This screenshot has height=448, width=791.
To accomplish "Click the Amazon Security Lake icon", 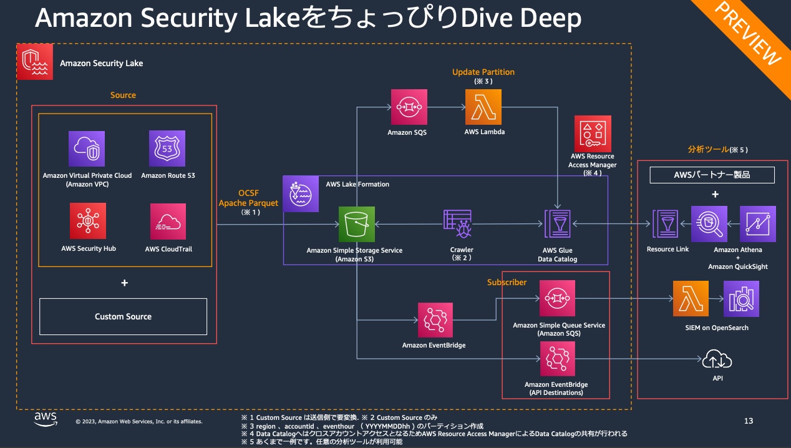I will point(35,62).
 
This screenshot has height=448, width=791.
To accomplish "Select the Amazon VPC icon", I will point(87,149).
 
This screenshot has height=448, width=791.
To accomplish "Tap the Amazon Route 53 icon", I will point(167,149).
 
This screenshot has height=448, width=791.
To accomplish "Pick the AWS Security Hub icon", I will point(87,221).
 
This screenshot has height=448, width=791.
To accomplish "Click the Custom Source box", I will point(123,316).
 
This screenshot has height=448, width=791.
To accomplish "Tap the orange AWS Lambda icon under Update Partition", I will point(483,107).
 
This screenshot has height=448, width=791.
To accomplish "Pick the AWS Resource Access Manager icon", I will point(592,133).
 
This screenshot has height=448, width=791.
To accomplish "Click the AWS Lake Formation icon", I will point(301,193).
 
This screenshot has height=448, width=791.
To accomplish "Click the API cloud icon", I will point(717,359).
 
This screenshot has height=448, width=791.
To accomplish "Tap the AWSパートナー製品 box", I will point(712,175).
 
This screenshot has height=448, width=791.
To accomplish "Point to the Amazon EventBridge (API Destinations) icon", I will point(557,359).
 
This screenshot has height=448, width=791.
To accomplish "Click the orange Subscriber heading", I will point(507,283).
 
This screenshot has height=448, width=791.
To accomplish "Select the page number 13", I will point(749,421).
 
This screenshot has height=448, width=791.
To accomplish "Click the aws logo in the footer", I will point(46,419).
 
